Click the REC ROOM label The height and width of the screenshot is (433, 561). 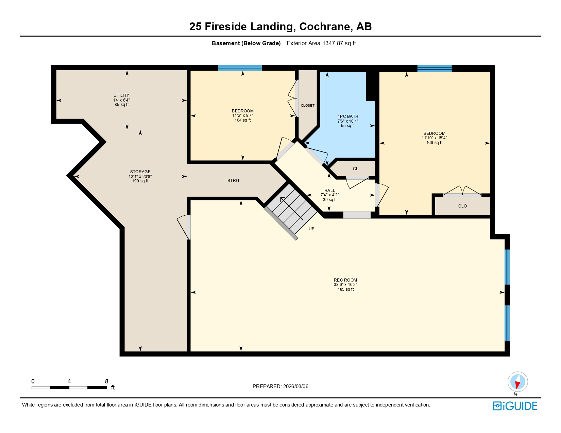tap(345, 280)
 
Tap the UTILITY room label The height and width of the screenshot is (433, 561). tap(121, 95)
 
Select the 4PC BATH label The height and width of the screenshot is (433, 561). tap(347, 116)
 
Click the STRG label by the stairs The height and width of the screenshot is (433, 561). tap(233, 181)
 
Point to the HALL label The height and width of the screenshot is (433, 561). tap(329, 191)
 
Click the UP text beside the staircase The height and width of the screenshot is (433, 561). tap(311, 229)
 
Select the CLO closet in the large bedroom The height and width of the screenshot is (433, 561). tap(462, 206)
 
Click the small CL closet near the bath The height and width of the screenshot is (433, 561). tap(355, 169)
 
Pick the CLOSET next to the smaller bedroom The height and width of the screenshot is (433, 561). tap(307, 106)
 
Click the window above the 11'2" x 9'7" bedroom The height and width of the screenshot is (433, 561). tap(240, 68)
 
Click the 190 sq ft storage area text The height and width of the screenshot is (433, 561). tap(140, 181)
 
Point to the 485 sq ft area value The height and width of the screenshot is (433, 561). tap(345, 289)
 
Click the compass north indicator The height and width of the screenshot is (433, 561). tap(517, 382)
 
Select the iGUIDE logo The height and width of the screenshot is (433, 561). tap(514, 406)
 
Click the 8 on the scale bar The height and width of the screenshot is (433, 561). tap(106, 381)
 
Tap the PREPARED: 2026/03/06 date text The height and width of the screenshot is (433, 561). tap(280, 386)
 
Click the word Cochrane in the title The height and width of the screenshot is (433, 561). tap(324, 26)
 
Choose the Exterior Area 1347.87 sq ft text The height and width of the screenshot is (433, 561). tap(321, 43)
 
